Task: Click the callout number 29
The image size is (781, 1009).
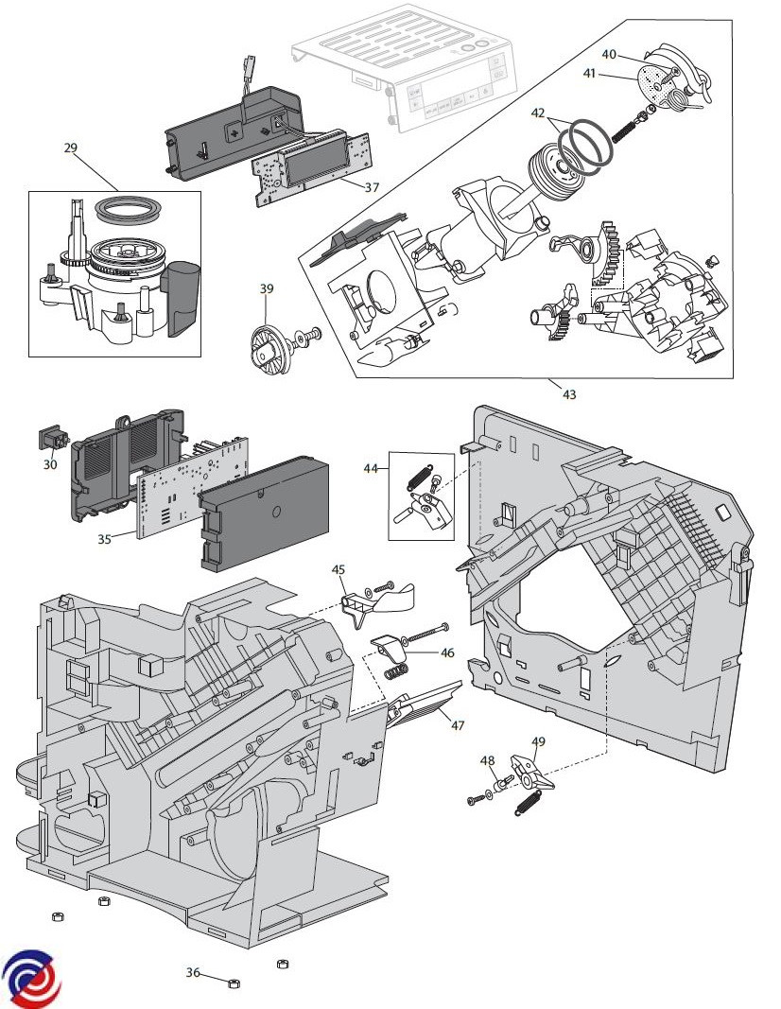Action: click(x=70, y=148)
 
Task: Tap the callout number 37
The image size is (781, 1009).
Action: click(x=371, y=187)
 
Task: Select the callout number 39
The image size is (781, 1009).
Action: click(x=267, y=288)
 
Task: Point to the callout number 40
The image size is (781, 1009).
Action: click(x=609, y=54)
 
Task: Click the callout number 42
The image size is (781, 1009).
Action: click(x=538, y=113)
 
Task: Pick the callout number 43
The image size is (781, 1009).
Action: click(x=569, y=393)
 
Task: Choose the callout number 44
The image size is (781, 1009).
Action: click(x=372, y=467)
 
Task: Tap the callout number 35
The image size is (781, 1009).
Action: click(x=104, y=539)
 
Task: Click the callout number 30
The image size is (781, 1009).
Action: click(x=50, y=464)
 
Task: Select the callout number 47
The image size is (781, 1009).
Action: click(x=458, y=725)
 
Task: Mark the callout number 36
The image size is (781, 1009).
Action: click(x=193, y=972)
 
